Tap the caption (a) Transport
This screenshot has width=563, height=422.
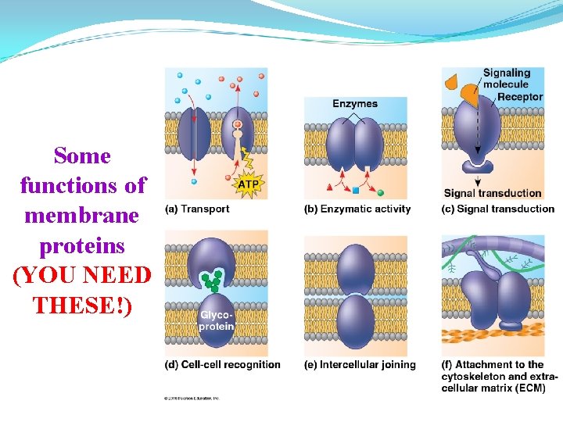(x=197, y=209)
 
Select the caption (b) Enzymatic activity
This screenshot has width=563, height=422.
(x=357, y=209)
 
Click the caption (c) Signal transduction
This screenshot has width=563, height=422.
(x=497, y=209)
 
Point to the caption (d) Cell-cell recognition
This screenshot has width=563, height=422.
(x=222, y=364)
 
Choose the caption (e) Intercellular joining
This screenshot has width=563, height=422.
(x=360, y=364)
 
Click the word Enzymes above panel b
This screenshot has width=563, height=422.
(x=354, y=103)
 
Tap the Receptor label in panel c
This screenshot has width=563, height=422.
(x=520, y=97)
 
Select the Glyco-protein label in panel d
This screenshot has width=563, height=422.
(x=217, y=320)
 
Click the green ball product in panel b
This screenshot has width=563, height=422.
(x=381, y=191)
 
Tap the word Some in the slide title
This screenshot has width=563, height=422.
(x=82, y=156)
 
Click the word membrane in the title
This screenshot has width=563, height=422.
(x=82, y=215)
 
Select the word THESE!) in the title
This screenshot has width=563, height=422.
(x=83, y=304)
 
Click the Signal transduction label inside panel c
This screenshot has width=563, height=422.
(x=493, y=193)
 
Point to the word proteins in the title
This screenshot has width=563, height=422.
(x=82, y=245)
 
